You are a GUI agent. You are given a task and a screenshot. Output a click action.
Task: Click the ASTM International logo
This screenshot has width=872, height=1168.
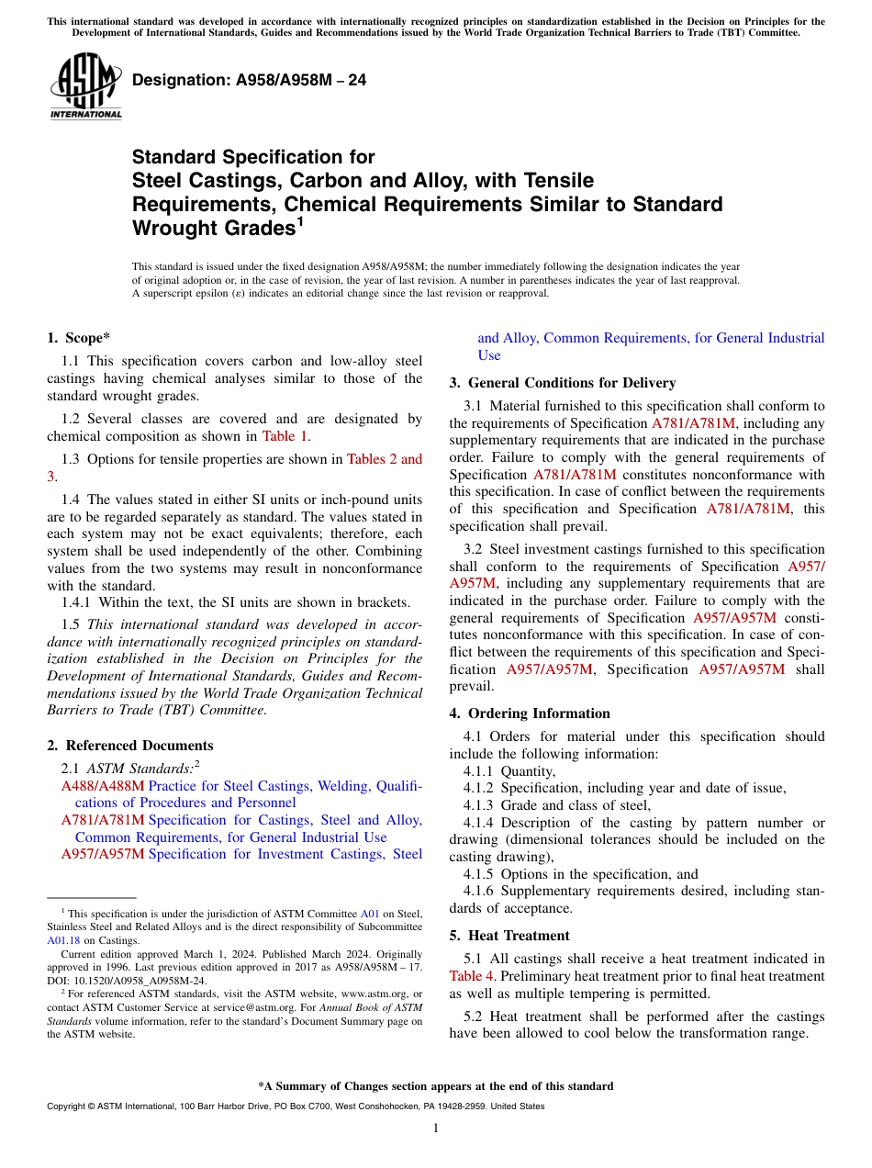click(x=85, y=86)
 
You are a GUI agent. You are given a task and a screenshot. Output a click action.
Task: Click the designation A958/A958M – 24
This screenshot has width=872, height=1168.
click(x=249, y=80)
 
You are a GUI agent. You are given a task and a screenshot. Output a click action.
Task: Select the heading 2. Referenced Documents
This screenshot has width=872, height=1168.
click(x=129, y=746)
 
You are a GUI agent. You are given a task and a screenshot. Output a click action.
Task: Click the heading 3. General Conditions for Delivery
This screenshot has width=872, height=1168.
click(x=562, y=383)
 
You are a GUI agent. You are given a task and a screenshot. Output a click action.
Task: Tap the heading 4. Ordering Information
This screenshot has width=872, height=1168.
click(x=530, y=713)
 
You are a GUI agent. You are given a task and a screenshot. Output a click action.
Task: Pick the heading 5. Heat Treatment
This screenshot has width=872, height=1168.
click(x=509, y=936)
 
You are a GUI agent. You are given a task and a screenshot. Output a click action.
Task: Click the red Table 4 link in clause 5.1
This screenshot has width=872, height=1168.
click(x=471, y=976)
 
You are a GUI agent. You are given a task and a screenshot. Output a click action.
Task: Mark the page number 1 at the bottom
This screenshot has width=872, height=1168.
click(x=436, y=1129)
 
